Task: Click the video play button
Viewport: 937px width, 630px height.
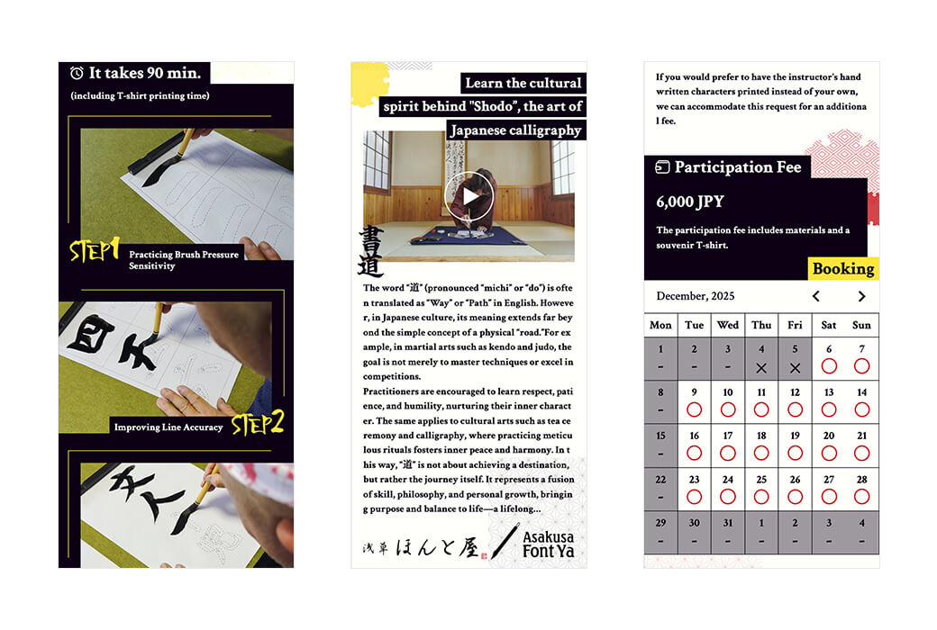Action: [x=469, y=196]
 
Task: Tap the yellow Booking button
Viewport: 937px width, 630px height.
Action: [x=843, y=269]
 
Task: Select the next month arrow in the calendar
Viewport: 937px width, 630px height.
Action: [x=861, y=296]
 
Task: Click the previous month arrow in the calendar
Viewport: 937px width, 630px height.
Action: [x=815, y=296]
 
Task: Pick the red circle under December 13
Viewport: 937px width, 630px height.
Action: [x=828, y=409]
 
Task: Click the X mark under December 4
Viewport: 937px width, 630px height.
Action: [x=761, y=368]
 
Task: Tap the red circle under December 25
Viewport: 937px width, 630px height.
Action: [x=761, y=497]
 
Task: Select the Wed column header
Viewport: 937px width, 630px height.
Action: [x=728, y=325]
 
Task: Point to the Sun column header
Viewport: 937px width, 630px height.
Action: [x=861, y=325]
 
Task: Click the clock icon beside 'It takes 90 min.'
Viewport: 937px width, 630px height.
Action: [x=77, y=73]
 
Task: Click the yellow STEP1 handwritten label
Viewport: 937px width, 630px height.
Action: [x=95, y=250]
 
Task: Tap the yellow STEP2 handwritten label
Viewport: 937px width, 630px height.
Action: [x=258, y=423]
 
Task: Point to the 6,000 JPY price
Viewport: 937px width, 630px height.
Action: [x=689, y=202]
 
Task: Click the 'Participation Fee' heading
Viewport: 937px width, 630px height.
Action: [x=737, y=167]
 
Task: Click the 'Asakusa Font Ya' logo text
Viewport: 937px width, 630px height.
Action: [x=548, y=544]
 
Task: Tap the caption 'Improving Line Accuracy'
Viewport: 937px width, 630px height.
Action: [x=168, y=427]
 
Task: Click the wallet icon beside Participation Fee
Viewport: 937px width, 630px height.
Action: [x=662, y=166]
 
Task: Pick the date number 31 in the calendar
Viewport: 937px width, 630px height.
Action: [x=728, y=523]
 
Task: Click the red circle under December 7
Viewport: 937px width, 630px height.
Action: [x=861, y=366]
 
